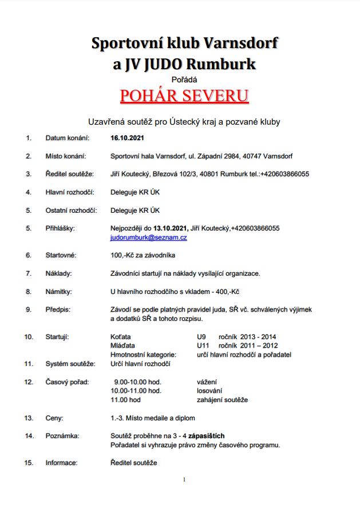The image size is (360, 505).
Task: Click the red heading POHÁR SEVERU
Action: pos(184,95)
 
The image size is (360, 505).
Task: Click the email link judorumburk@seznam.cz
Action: pos(148,236)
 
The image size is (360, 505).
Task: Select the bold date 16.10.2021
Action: pos(127,138)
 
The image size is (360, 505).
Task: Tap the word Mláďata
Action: pos(122,345)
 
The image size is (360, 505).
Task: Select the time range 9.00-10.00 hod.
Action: pos(137,381)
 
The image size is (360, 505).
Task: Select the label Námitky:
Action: pos(58,291)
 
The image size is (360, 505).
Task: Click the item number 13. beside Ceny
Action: pos(29,417)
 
